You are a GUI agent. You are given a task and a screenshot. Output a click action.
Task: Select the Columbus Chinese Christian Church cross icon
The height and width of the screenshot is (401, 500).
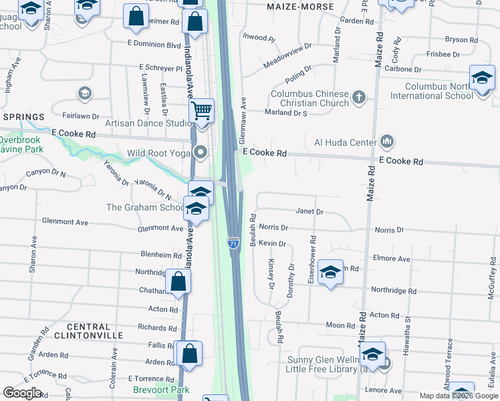[x=360, y=98]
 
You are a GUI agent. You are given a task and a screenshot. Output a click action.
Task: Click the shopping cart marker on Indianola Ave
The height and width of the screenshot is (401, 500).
[x=201, y=111]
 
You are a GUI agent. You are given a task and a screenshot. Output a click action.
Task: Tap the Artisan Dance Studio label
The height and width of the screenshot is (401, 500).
[x=148, y=123]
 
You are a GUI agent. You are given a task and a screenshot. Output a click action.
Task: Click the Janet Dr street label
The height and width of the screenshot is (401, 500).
[x=309, y=212]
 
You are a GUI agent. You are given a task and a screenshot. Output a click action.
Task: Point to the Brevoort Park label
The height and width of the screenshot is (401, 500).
[x=162, y=390]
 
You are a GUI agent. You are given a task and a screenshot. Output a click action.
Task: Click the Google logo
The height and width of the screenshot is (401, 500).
[x=22, y=392]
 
